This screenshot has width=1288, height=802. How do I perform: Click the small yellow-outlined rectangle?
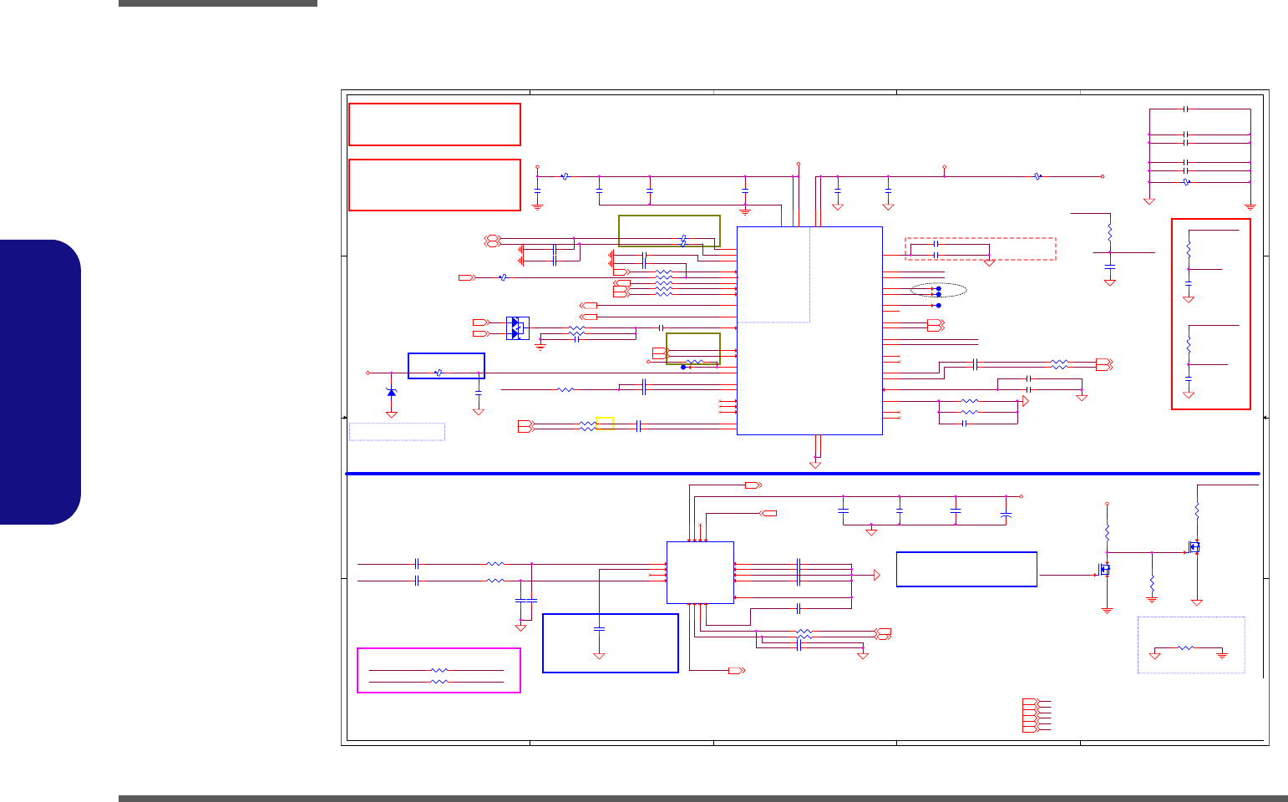coord(605,424)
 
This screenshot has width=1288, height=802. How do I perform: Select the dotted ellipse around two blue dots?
coord(939,291)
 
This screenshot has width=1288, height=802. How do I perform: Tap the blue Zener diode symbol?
coord(391,392)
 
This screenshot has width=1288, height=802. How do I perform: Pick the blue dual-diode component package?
coord(518,327)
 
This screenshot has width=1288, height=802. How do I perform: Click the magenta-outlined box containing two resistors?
coord(439,670)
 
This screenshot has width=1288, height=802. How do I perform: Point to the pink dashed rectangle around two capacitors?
coord(981,249)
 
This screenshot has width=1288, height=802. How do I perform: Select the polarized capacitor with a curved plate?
coord(1006,515)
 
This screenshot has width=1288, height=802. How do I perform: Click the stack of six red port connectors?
coord(1031,716)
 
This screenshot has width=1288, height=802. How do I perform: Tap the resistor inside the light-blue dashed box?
coord(1185,647)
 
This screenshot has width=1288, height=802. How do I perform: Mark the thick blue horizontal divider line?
coord(802,474)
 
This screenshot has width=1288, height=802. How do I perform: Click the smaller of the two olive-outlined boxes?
coord(693,348)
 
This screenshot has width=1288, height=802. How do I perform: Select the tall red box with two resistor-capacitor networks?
coord(1211,314)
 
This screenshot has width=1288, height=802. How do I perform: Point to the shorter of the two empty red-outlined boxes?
coord(434,124)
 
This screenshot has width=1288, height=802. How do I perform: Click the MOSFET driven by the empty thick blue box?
coord(1104,570)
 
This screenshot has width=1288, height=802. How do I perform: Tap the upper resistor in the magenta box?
coord(439,670)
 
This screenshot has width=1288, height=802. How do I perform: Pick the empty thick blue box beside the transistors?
coord(966,569)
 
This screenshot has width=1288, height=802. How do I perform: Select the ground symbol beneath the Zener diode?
coord(391,413)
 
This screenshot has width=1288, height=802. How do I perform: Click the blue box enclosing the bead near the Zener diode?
coord(446,366)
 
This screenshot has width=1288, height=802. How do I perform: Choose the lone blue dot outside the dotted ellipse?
coord(938,305)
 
